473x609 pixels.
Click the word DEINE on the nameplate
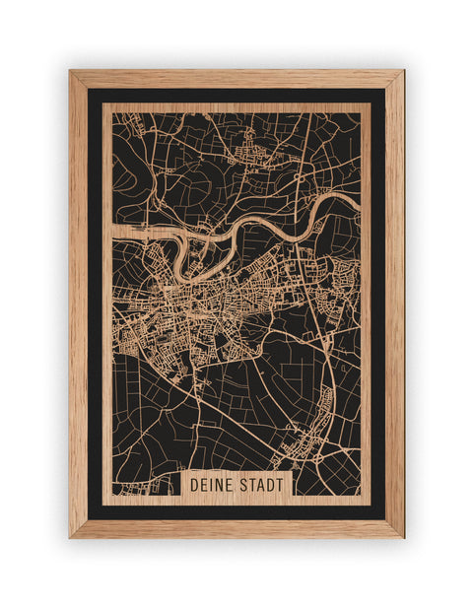(213, 485)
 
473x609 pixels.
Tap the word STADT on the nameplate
(261, 485)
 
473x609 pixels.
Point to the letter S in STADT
(243, 485)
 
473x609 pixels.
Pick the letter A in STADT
(261, 485)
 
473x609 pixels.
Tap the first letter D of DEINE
(194, 485)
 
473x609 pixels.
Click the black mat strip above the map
(236, 96)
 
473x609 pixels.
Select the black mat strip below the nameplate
(236, 511)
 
